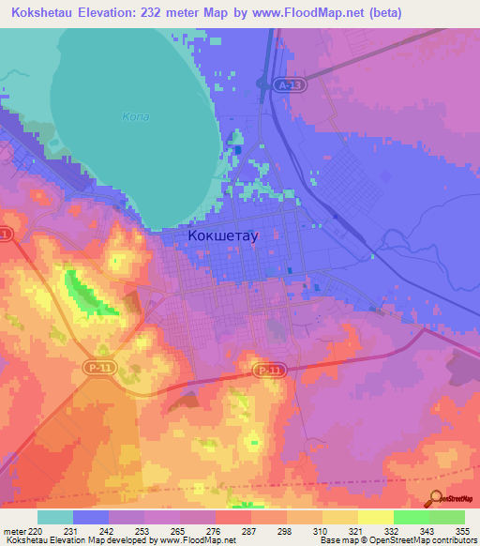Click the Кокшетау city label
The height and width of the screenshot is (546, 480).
point(222,237)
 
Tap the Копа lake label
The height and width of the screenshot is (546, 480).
point(136,117)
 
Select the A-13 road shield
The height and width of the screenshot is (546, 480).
point(291,85)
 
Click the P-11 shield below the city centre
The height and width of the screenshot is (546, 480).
point(269,371)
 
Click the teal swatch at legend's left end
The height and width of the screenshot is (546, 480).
point(55,517)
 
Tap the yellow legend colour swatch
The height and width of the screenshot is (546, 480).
point(376,517)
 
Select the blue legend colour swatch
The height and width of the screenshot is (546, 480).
point(91,517)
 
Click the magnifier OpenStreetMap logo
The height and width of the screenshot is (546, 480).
point(436,497)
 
